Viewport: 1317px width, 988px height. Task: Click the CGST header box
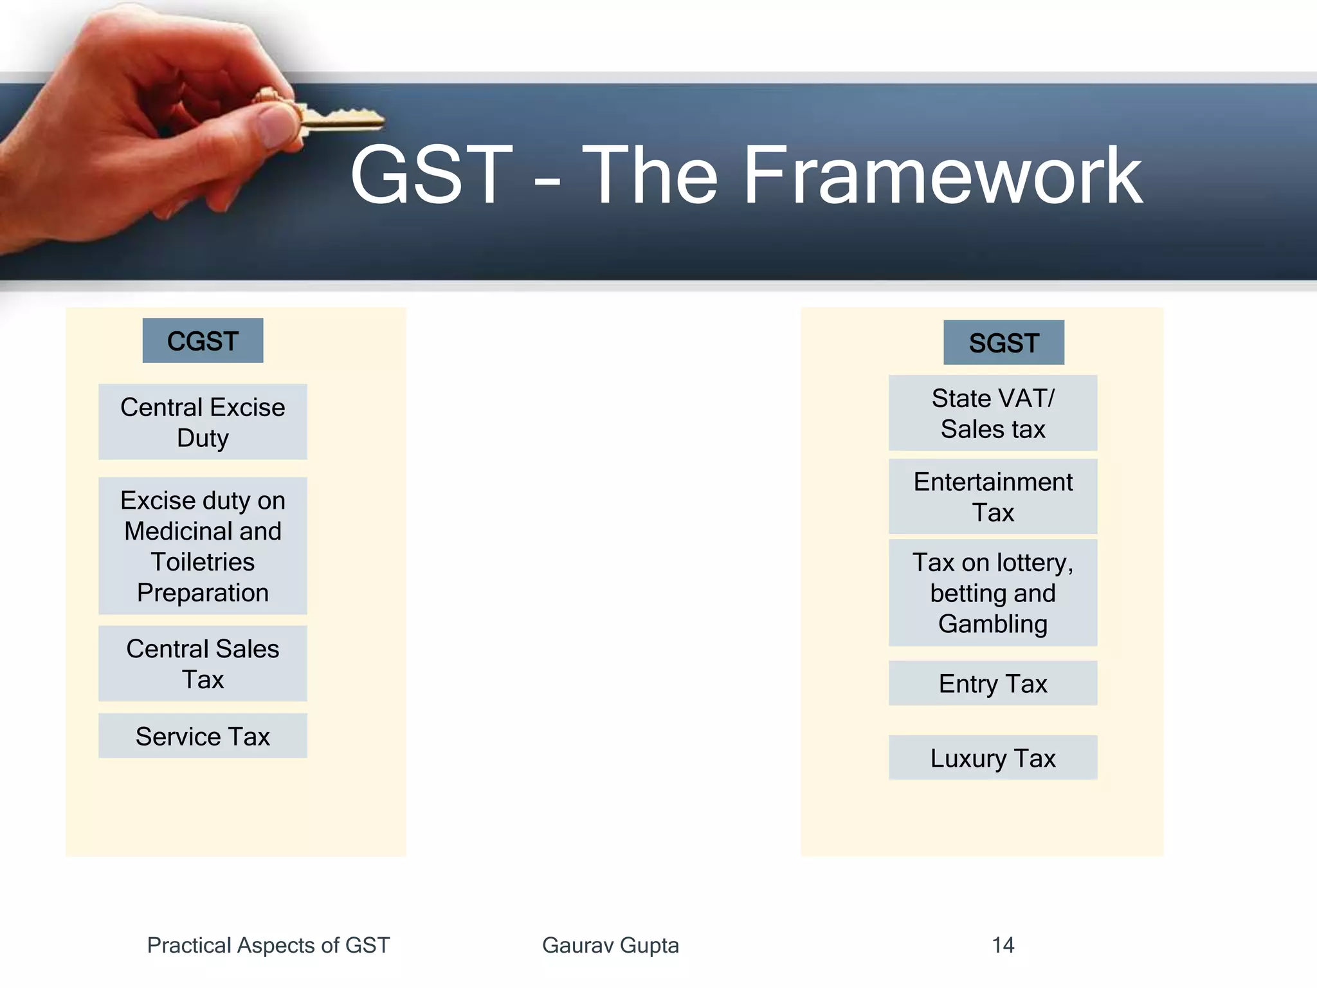pos(203,340)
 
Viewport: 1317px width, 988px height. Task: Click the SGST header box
pos(1003,342)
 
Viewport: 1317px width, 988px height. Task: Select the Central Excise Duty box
pos(203,422)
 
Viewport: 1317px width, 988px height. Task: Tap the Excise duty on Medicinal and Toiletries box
pos(203,545)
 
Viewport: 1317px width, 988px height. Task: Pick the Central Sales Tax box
pos(203,663)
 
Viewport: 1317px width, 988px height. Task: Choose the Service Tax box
pos(203,736)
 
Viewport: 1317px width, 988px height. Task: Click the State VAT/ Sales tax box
pos(992,413)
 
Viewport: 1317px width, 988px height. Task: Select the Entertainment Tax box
pos(992,497)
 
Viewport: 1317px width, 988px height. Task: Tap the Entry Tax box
pos(992,683)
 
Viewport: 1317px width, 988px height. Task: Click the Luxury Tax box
pos(992,758)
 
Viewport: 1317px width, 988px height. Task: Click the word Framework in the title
pos(942,176)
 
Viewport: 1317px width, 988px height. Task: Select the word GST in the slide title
pos(431,176)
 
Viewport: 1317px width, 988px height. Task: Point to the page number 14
pos(1003,945)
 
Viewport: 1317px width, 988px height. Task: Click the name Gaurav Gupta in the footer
pos(610,945)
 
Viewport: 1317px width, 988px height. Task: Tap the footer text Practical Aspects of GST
pos(268,945)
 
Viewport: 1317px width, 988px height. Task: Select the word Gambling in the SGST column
pos(992,623)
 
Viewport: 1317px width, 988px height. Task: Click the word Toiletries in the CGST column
pos(203,562)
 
